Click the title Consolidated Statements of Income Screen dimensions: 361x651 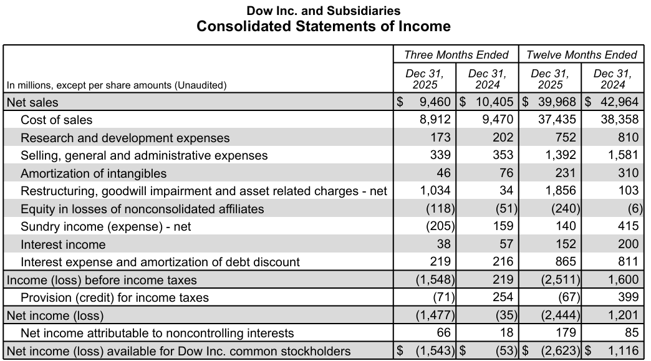point(324,26)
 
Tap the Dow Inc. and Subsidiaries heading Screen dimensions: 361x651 point(324,11)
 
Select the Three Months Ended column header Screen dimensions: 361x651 point(456,55)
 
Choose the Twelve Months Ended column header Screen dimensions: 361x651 point(581,55)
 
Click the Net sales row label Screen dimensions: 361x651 point(32,102)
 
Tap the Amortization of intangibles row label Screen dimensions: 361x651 point(94,173)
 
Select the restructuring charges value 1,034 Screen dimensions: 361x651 point(436,191)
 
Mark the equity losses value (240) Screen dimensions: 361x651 point(566,209)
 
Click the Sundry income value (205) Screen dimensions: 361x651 point(440,226)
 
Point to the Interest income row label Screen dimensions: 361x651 point(63,244)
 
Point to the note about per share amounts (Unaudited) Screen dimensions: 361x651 point(117,85)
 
